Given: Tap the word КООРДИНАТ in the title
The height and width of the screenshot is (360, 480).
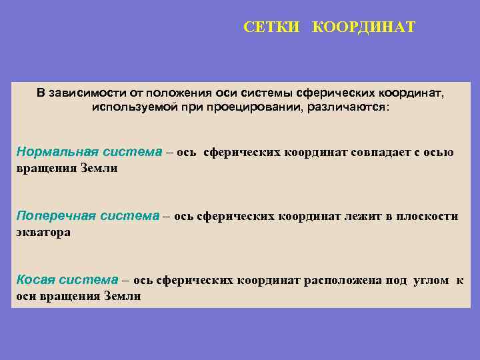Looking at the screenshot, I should (363, 27).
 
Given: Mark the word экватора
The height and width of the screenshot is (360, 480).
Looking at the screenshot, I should (43, 233).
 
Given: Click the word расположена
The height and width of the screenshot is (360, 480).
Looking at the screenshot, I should (344, 280).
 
